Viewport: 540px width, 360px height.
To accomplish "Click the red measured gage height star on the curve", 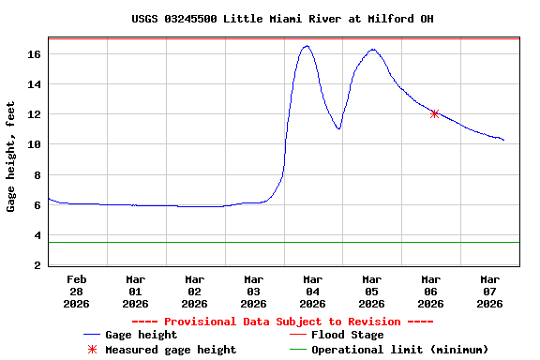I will coord(434,113).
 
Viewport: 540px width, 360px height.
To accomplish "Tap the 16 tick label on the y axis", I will coord(35,54).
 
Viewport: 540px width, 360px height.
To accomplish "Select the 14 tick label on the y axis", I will coord(35,84).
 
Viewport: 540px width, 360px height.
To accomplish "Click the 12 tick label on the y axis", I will coord(35,114).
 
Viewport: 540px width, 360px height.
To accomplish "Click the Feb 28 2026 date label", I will coord(77,291).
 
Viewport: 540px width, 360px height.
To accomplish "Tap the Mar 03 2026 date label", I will coord(254,291).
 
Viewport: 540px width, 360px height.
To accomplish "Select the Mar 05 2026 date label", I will coord(372,291).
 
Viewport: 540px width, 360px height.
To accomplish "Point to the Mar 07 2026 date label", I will coord(490,291).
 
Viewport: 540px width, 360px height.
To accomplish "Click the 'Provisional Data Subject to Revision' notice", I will coord(282,322).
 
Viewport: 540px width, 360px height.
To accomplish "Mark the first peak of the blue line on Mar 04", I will coord(307,46).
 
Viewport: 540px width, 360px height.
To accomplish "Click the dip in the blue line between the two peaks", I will coord(338,128).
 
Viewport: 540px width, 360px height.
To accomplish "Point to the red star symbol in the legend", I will coord(92,350).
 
